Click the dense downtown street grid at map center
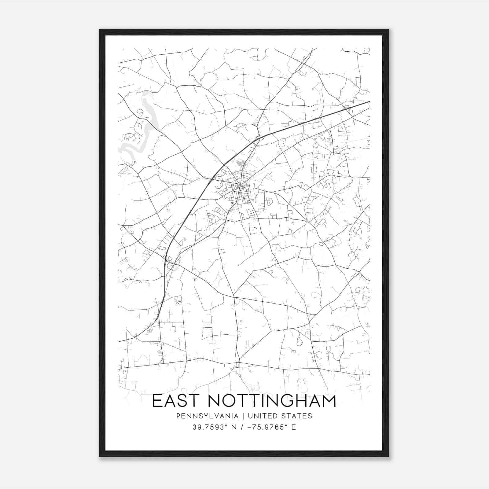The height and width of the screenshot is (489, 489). (x=241, y=193)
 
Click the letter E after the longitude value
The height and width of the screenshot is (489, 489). (x=294, y=427)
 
